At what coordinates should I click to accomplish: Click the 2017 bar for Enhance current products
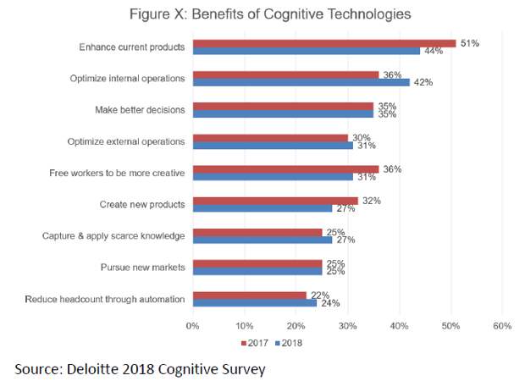[x=324, y=43]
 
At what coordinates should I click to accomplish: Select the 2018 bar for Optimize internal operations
[x=301, y=82]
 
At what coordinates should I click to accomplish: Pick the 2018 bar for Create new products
[x=262, y=207]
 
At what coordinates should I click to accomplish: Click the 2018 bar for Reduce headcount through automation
[x=255, y=302]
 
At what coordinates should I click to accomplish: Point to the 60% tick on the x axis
[x=502, y=325]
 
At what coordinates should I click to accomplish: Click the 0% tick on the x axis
[x=193, y=325]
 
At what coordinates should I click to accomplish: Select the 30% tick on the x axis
[x=348, y=325]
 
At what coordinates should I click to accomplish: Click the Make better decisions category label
[x=140, y=110]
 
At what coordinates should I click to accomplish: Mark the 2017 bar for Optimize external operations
[x=270, y=138]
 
